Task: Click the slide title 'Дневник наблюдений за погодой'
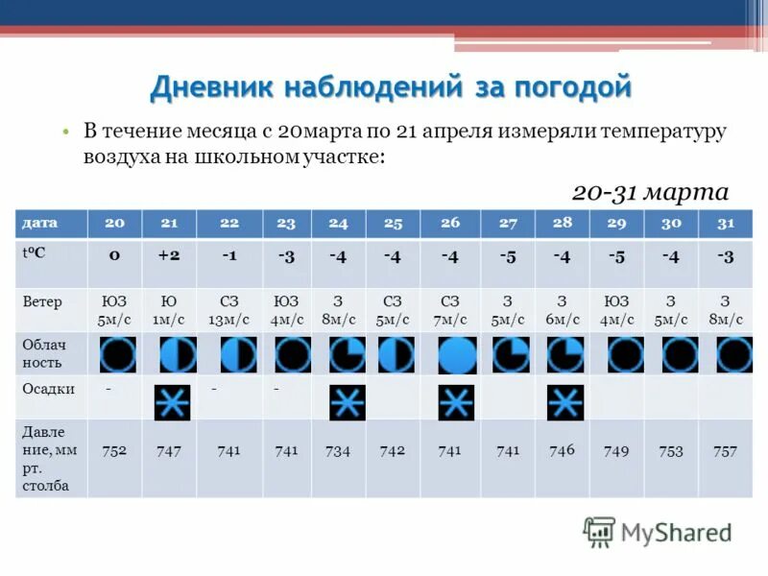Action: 391,87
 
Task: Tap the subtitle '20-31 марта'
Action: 650,191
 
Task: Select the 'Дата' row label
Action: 40,223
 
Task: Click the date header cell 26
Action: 450,223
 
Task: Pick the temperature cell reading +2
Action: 169,256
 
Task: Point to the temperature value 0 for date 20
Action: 114,256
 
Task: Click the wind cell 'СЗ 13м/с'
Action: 228,310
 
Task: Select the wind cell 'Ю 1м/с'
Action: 169,310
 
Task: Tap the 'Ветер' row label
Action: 42,301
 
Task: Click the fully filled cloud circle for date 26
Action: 457,355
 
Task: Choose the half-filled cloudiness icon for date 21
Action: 178,354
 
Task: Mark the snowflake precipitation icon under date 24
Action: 347,402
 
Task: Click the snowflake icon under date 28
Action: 564,402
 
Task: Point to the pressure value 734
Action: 338,450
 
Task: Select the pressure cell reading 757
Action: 725,450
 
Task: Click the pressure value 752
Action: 114,450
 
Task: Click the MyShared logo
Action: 658,532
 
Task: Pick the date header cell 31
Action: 726,223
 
